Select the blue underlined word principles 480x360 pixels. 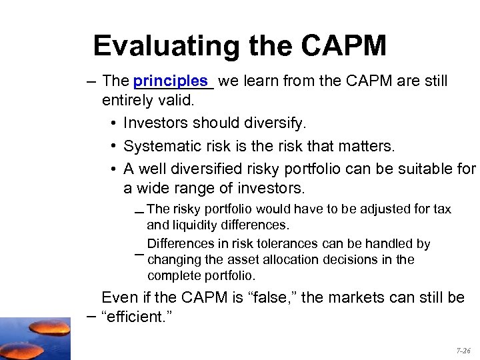pyautogui.click(x=171, y=81)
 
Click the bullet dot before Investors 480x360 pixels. pyautogui.click(x=115, y=124)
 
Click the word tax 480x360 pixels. pyautogui.click(x=442, y=209)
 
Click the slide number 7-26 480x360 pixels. pyautogui.click(x=463, y=349)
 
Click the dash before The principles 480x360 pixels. pyautogui.click(x=90, y=82)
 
